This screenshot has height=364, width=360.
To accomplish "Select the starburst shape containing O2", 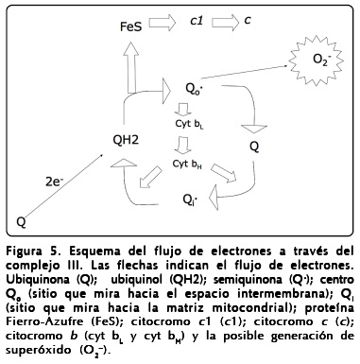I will pyautogui.click(x=320, y=60).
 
